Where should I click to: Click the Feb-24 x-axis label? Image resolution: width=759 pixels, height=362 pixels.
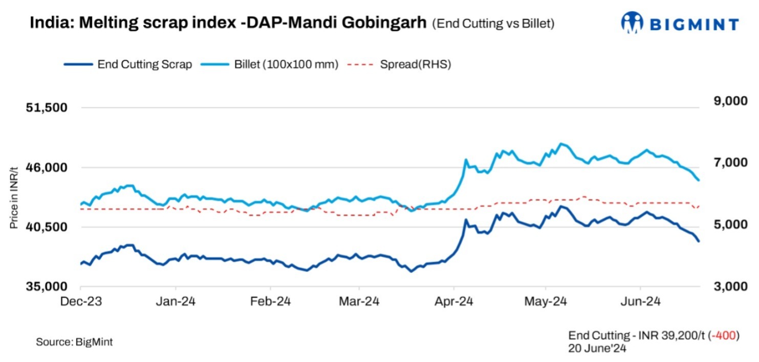pos(270,302)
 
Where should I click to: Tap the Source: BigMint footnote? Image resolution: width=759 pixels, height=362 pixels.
pos(74,342)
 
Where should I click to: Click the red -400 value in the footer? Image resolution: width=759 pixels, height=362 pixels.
pos(727,335)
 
